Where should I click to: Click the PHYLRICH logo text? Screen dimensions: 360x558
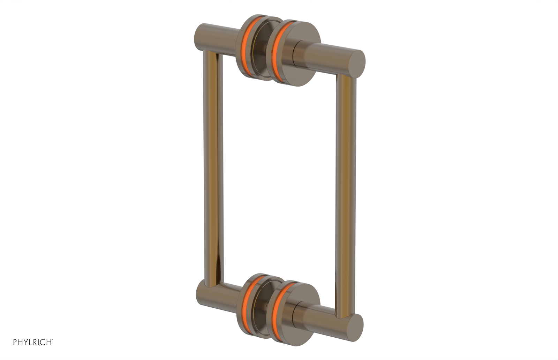tap(33, 342)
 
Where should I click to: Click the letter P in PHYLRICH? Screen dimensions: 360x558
tap(15, 342)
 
